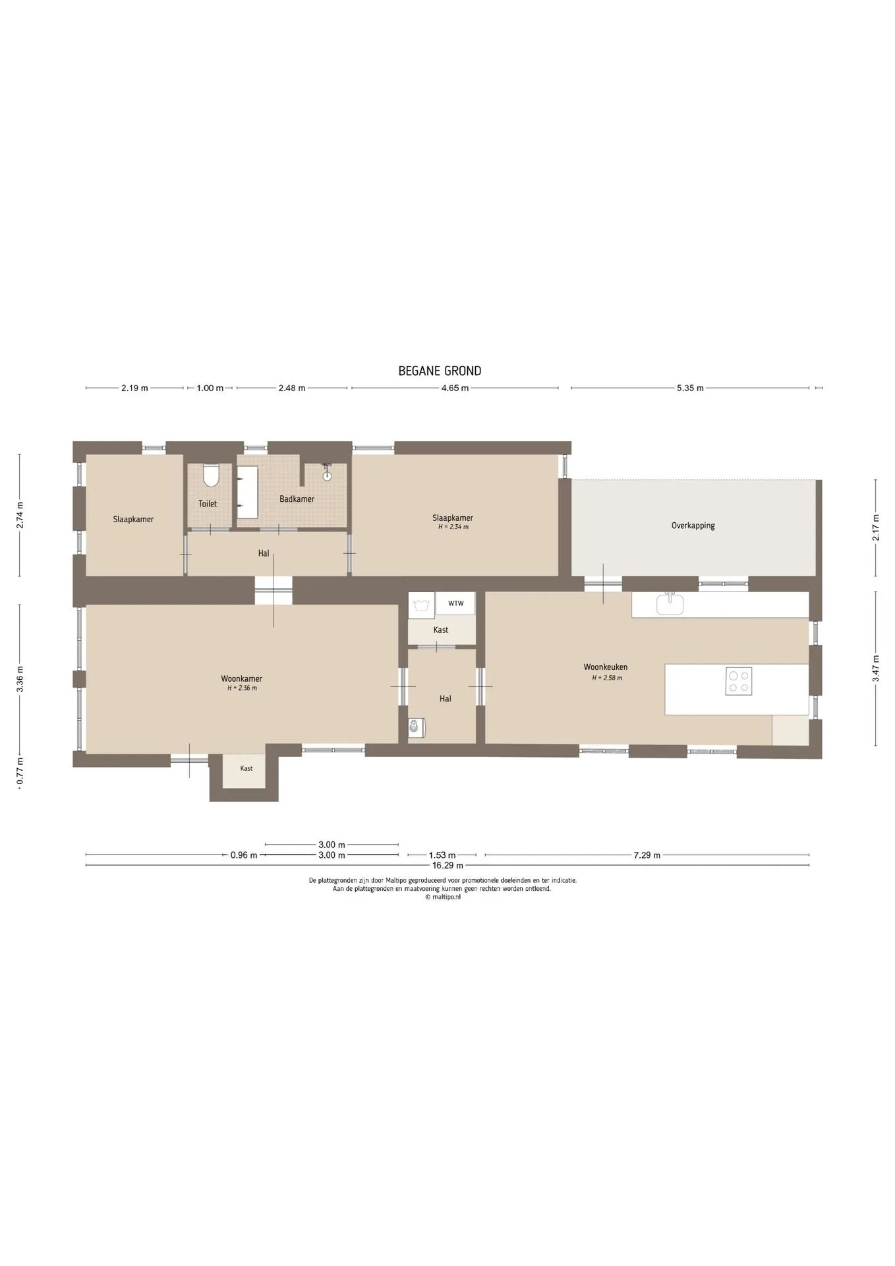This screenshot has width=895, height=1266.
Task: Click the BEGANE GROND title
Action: pos(440,371)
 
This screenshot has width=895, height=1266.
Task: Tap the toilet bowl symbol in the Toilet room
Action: pos(211,475)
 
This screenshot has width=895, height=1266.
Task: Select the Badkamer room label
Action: pos(297,499)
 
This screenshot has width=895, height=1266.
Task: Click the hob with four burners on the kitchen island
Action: pos(739,681)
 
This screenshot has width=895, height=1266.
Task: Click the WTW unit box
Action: pos(455,603)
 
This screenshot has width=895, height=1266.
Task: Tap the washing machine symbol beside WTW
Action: pos(420,605)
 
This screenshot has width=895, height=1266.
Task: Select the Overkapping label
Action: pos(693,526)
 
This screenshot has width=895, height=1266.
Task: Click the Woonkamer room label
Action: pos(241,678)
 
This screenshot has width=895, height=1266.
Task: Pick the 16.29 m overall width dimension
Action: pos(447,865)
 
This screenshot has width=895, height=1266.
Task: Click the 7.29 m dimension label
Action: pos(647,855)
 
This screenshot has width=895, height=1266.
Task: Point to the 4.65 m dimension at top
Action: pos(455,388)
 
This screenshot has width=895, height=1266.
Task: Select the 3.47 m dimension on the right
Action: pos(876,669)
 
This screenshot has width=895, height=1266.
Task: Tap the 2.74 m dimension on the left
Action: pos(20,515)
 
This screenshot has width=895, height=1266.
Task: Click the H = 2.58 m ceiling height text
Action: pos(607,678)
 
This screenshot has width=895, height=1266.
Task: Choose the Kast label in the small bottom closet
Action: pos(246,768)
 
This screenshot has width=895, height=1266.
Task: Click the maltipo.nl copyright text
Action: pos(443,897)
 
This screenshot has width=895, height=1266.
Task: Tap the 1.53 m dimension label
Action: pos(442,855)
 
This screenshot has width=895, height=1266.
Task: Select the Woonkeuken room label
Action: pos(606,667)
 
